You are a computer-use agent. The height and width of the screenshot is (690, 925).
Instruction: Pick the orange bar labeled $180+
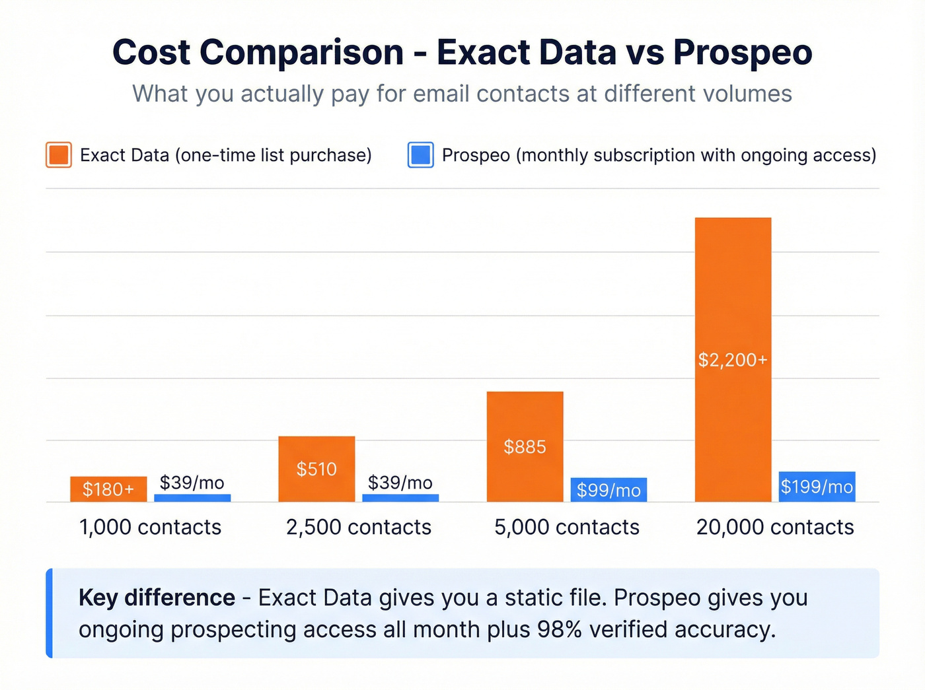[108, 489]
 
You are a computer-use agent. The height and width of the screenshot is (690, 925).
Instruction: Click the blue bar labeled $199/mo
[817, 487]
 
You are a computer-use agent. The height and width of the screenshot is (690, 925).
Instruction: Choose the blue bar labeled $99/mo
[609, 490]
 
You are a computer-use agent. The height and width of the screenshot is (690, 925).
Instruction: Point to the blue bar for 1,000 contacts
[192, 498]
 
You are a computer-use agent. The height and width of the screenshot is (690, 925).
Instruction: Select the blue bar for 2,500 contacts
[400, 498]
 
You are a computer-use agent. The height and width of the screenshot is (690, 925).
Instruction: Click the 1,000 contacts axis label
[150, 527]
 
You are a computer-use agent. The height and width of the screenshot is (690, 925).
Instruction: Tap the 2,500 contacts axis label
[358, 527]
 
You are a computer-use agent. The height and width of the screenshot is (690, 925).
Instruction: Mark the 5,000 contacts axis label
[567, 527]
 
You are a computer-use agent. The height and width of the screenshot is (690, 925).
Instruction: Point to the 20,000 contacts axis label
[775, 527]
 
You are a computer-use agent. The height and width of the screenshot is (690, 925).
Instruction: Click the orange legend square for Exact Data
[59, 155]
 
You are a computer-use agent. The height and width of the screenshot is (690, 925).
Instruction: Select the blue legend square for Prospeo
[421, 155]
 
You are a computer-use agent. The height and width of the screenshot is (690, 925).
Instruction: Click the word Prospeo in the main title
[743, 53]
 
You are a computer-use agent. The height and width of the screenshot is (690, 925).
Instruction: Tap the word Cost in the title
[151, 53]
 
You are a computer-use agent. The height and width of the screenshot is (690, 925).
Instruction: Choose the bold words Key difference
[157, 598]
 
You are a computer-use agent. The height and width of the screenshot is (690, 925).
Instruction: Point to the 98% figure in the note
[559, 629]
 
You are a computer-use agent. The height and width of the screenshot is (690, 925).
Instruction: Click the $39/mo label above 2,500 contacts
[400, 483]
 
